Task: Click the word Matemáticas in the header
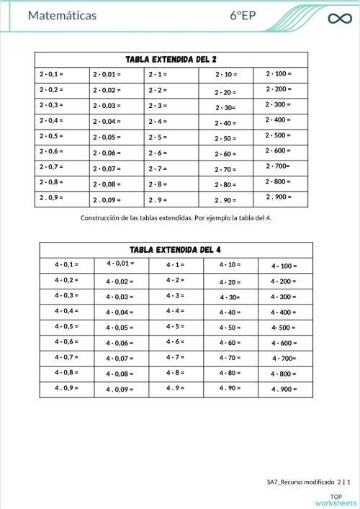[x=62, y=16]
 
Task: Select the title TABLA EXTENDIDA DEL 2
[x=171, y=59]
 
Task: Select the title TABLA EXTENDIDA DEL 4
[x=175, y=250]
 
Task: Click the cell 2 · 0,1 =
[x=51, y=74]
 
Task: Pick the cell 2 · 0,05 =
[x=107, y=137]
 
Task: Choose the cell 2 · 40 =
[x=225, y=123]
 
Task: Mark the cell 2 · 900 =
[x=278, y=197]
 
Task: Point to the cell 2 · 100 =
[x=278, y=73]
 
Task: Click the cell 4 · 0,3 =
[x=66, y=296]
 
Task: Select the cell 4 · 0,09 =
[x=120, y=390]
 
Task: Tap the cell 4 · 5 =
[x=175, y=327]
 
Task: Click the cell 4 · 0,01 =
[x=120, y=264]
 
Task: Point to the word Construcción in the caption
[x=103, y=217]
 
